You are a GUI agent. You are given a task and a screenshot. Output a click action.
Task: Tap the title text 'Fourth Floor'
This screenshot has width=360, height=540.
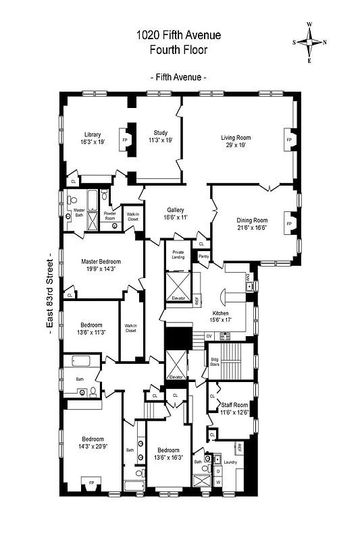pos(178,49)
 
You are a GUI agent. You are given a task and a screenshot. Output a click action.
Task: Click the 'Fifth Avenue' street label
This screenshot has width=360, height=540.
pos(178,78)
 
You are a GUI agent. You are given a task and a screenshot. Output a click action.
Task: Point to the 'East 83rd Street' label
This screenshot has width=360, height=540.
pos(49,291)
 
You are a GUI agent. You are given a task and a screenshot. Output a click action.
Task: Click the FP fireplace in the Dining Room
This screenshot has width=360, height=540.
pos(289,223)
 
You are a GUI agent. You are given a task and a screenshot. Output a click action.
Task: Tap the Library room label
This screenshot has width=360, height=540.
pos(92,134)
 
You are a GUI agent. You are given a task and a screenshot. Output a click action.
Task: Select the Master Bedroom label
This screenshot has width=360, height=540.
pos(101,261)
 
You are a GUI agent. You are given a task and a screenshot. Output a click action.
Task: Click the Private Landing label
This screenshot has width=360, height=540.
pos(178,254)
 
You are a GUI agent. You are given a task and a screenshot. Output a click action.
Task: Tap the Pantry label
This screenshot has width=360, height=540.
pos(203,256)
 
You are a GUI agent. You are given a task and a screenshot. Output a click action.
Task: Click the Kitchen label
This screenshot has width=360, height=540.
pos(222,314)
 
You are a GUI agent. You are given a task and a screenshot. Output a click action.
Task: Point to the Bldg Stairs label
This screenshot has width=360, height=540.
pos(214,361)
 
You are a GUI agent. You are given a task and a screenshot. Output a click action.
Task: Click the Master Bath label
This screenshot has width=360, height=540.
pos(79,212)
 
